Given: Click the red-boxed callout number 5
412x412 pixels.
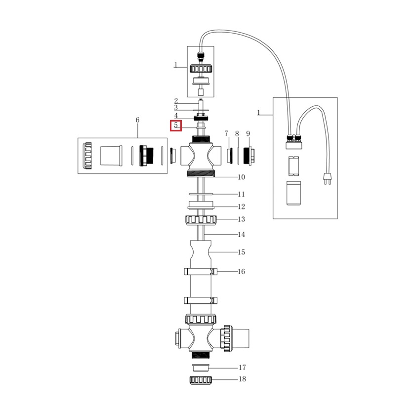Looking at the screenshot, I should (176, 125).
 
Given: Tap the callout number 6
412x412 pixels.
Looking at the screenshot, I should (137, 120).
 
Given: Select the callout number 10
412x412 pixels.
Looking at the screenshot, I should (241, 177).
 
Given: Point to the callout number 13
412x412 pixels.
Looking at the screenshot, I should (241, 219).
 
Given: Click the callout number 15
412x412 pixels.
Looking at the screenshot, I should (241, 252).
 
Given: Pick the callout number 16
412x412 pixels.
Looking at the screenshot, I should (241, 272).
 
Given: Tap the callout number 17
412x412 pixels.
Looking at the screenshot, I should (242, 368).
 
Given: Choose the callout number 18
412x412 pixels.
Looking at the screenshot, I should (242, 379).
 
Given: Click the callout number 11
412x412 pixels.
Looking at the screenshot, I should (241, 194).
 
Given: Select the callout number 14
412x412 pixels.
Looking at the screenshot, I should (241, 235).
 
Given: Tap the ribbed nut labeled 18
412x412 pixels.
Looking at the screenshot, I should (201, 380).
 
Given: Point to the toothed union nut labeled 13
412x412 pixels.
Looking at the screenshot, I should (201, 219).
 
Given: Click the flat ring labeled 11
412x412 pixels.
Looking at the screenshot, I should (201, 194).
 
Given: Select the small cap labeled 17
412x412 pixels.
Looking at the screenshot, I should (201, 368).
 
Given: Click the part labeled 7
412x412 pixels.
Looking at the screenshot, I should (229, 155).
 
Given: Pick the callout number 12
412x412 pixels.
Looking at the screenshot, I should (241, 207).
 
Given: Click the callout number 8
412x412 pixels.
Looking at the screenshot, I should (237, 134).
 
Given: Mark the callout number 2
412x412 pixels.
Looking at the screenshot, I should (176, 101).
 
